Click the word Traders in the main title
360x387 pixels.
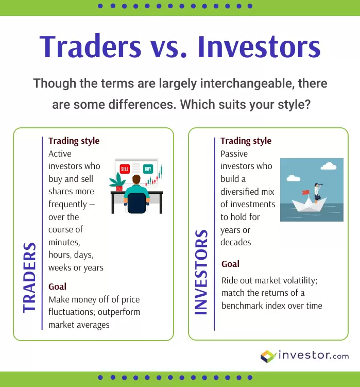(x=90, y=46)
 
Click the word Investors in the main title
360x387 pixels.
(x=259, y=46)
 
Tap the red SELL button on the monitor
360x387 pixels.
(x=125, y=169)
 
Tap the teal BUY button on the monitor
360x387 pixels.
(x=148, y=169)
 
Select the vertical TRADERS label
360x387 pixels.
(x=29, y=278)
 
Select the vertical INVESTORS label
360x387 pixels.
(x=201, y=272)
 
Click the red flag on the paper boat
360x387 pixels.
(x=306, y=192)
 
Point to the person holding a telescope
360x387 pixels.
(x=317, y=193)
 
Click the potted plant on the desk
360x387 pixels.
(x=118, y=182)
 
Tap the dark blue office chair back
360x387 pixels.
(x=136, y=203)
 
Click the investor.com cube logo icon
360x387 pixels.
(x=268, y=357)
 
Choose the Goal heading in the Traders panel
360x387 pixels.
(x=58, y=287)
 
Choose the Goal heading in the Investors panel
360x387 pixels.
(x=230, y=264)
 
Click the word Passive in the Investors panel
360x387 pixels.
(x=234, y=154)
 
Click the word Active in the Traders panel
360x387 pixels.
(x=60, y=154)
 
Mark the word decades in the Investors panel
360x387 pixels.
(x=236, y=242)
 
